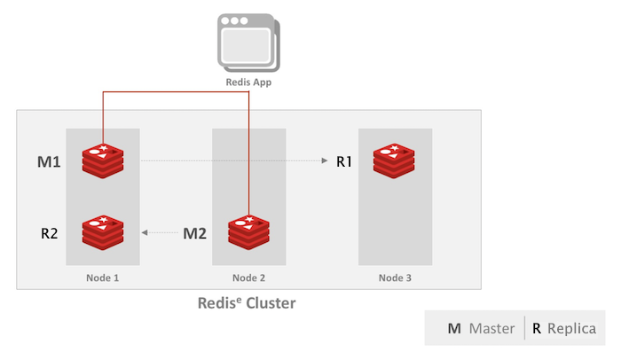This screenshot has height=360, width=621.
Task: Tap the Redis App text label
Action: (x=248, y=82)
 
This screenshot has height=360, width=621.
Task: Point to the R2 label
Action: (x=50, y=234)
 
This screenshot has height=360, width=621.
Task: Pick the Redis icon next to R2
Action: (x=103, y=232)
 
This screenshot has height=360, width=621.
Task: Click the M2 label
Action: (x=194, y=234)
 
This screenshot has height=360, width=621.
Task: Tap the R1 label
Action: (x=344, y=161)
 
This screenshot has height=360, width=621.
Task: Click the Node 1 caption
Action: (x=103, y=278)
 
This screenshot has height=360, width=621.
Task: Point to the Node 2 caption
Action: (x=249, y=278)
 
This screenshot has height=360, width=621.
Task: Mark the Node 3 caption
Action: (x=395, y=278)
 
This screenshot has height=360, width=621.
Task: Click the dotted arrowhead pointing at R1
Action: (x=324, y=160)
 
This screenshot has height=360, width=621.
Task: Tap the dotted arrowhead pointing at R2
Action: (x=145, y=233)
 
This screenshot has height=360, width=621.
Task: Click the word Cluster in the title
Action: (x=268, y=303)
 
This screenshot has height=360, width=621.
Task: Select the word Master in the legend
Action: (x=492, y=329)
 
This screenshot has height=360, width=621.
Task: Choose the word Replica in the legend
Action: (x=571, y=329)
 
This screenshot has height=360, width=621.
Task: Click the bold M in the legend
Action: (x=454, y=329)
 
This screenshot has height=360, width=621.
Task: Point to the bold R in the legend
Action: (x=536, y=329)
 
